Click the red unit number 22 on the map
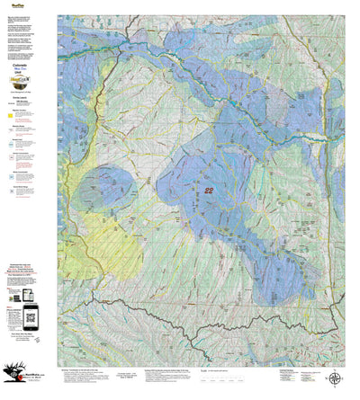pos(209,191)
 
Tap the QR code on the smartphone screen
pos(30,315)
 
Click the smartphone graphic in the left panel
pos(30,316)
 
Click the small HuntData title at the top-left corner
pos(13,5)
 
